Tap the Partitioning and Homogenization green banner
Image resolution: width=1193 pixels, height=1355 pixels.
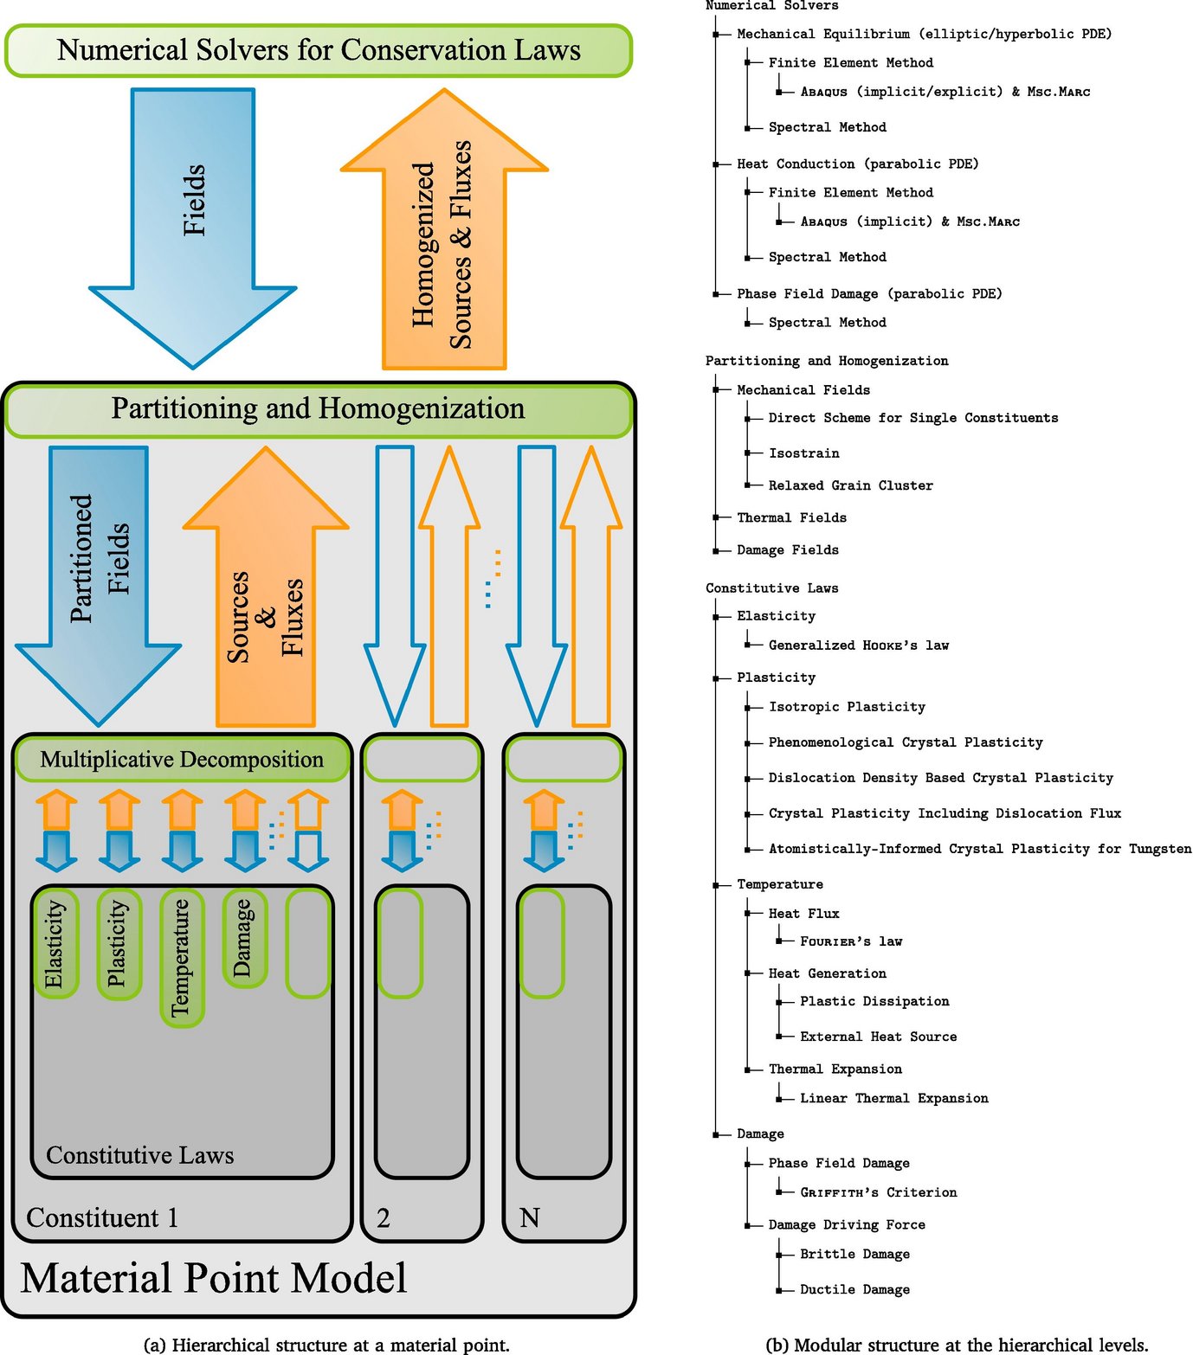pos(318,409)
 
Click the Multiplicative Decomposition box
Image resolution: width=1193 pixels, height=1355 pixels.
pos(182,760)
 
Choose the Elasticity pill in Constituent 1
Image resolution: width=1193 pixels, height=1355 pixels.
pos(55,943)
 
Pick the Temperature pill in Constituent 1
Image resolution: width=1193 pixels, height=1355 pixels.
pos(182,957)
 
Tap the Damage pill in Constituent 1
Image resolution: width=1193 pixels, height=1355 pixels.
pos(244,937)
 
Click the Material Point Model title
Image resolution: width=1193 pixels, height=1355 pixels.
pos(213,1278)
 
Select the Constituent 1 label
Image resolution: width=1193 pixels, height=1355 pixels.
pos(102,1217)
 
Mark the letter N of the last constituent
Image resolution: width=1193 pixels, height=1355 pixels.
pos(529,1218)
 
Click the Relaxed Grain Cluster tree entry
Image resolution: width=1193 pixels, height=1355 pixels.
pos(850,485)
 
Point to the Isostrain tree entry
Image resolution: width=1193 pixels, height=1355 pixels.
pos(803,453)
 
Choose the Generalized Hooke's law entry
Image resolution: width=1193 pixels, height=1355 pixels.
pos(858,645)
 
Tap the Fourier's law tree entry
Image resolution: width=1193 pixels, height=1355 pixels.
pos(850,941)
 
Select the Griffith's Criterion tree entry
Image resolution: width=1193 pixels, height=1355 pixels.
pos(878,1192)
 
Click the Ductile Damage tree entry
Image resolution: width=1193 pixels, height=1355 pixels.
pos(854,1289)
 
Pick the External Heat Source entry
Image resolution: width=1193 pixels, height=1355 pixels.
pos(878,1037)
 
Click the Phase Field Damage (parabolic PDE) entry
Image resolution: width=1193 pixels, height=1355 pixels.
pos(869,294)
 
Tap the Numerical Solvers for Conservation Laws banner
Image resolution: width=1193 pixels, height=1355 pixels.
pos(319,50)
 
